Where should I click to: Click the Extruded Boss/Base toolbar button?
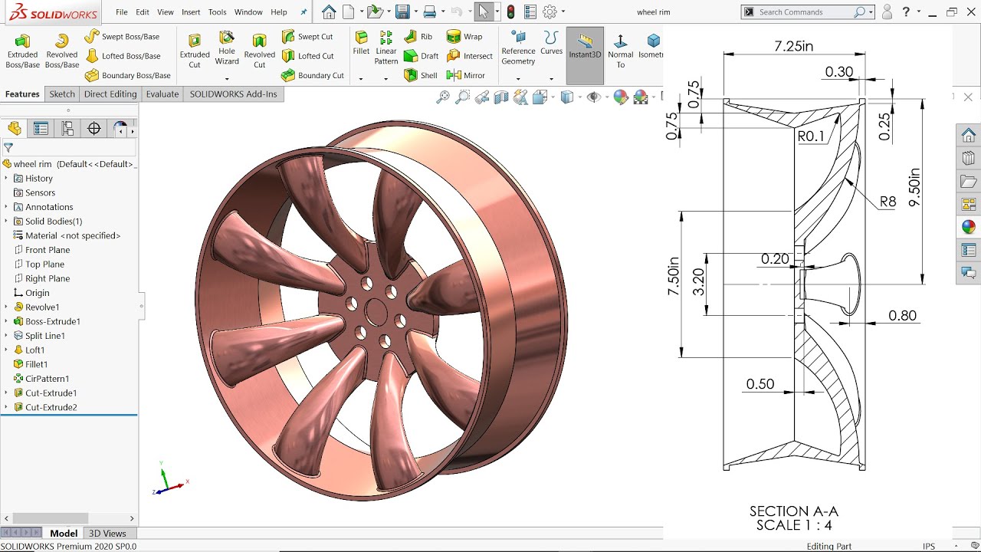[x=23, y=51]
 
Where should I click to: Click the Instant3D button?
[x=585, y=51]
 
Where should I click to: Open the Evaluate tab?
[x=162, y=94]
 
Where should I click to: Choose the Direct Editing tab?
[x=110, y=94]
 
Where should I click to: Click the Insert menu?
[x=191, y=12]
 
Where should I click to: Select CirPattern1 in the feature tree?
[x=47, y=379]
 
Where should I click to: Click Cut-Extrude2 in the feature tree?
[x=51, y=407]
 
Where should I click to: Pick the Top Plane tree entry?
[x=44, y=264]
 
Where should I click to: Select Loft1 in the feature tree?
[x=35, y=350]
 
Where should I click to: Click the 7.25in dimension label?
[x=793, y=46]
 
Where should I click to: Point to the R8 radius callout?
[x=887, y=202]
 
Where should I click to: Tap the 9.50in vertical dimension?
[x=914, y=187]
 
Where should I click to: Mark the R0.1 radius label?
[x=812, y=136]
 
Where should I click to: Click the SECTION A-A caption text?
[x=793, y=511]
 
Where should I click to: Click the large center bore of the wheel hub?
[x=376, y=311]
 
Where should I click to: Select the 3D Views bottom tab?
[x=107, y=534]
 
